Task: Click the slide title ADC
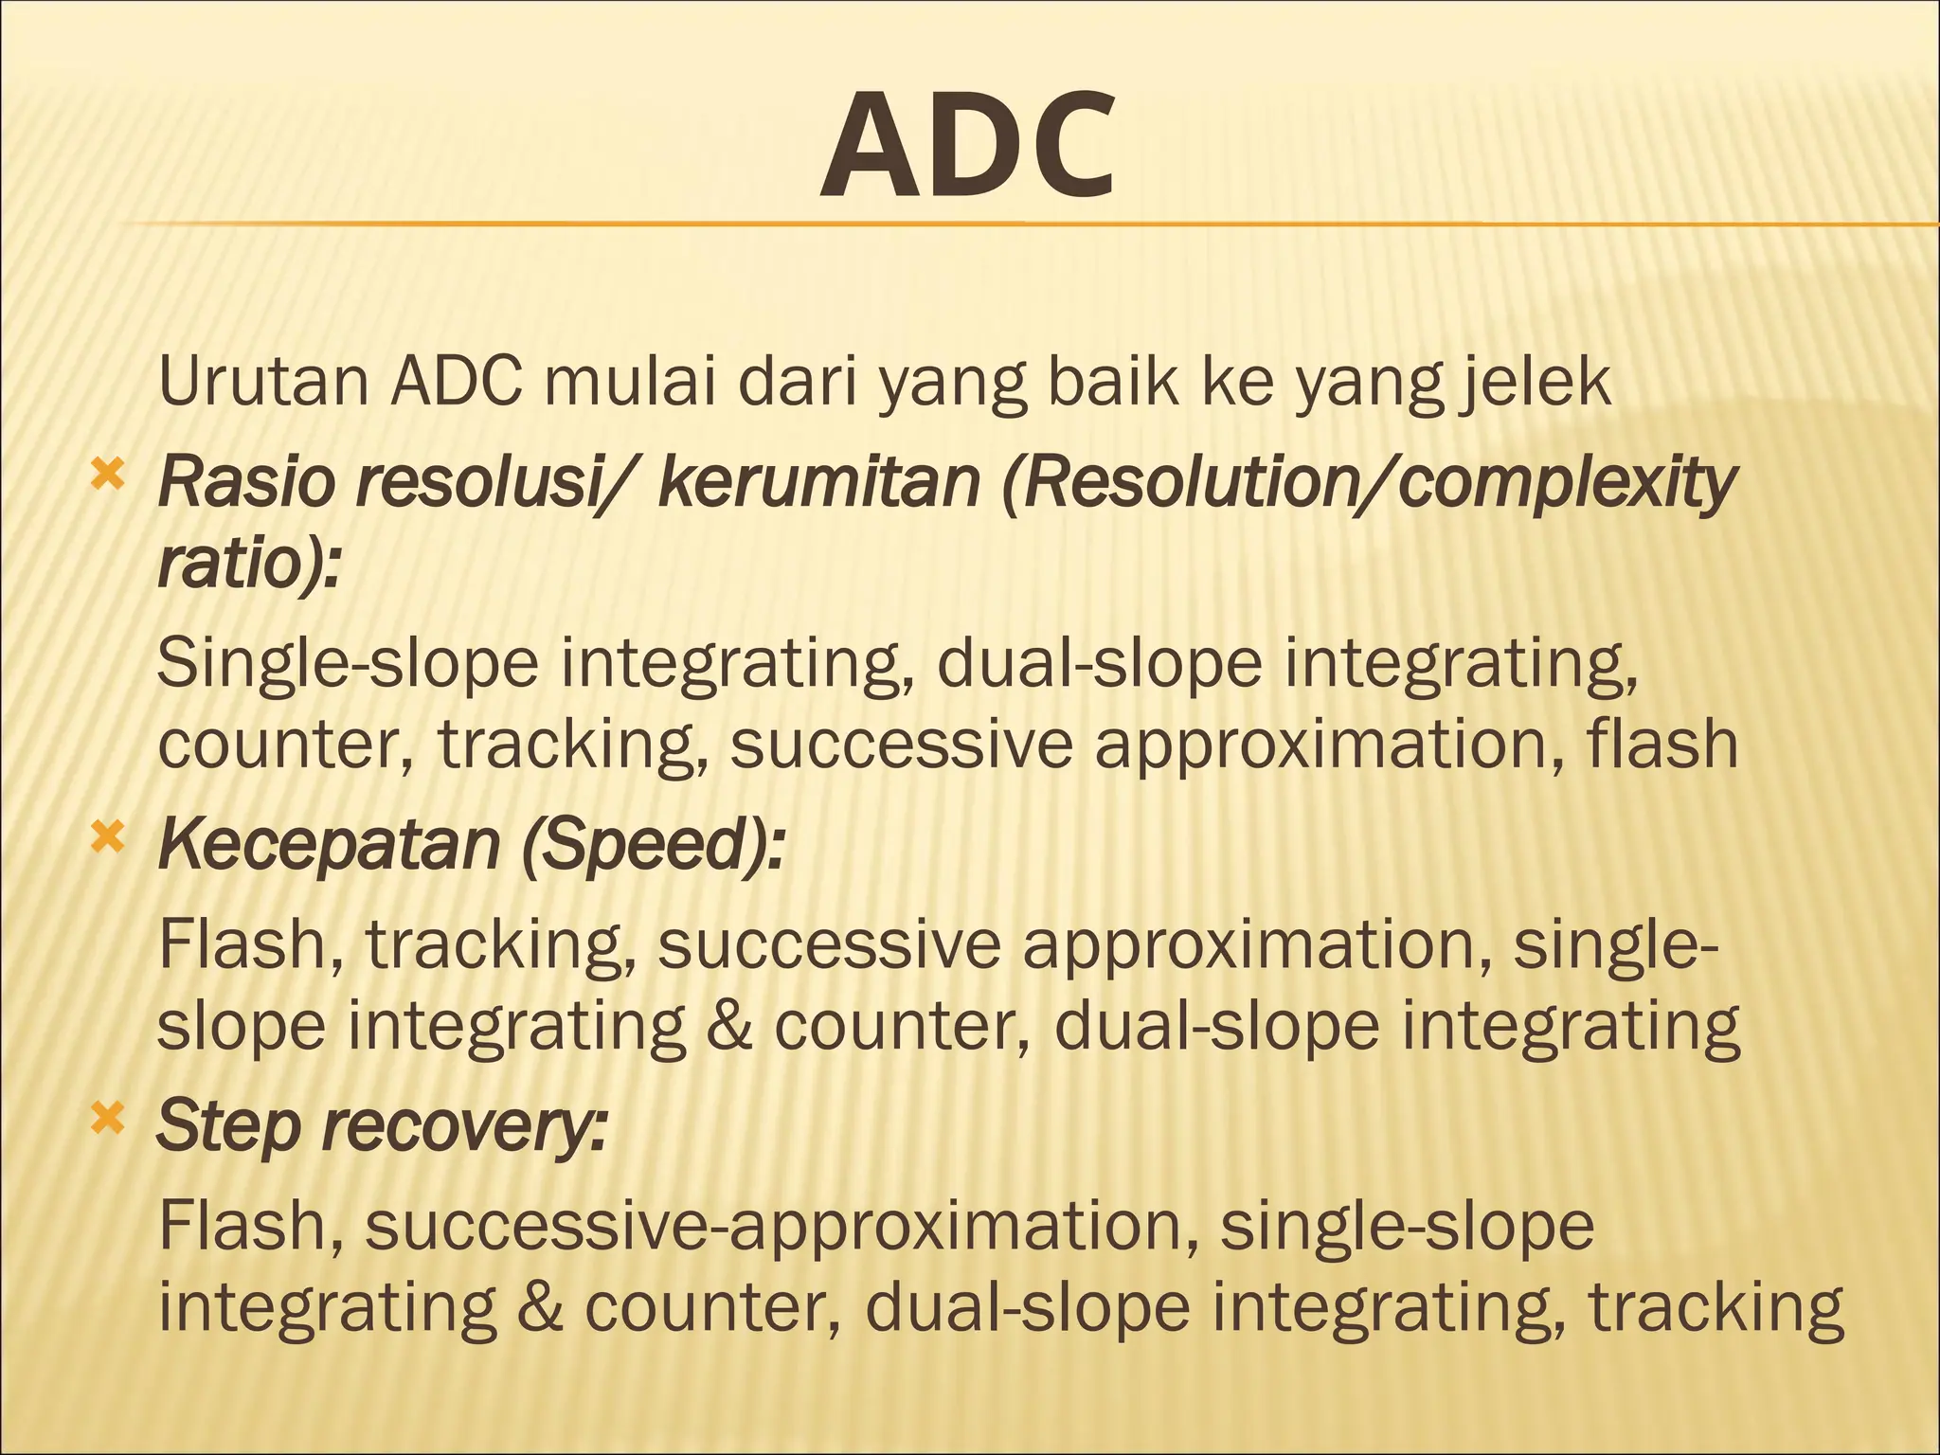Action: pyautogui.click(x=967, y=147)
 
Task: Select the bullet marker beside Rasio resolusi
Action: pyautogui.click(x=107, y=474)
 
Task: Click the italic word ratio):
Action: pyautogui.click(x=248, y=564)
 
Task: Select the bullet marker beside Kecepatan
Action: pyautogui.click(x=107, y=835)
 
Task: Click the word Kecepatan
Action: pyautogui.click(x=329, y=844)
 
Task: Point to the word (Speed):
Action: pyautogui.click(x=653, y=844)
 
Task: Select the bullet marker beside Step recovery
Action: pyautogui.click(x=107, y=1118)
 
